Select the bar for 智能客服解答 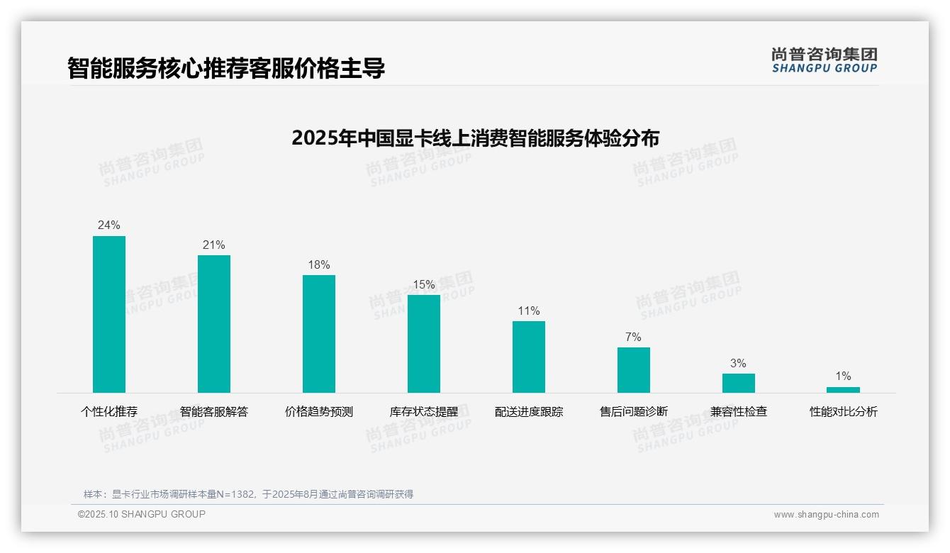tap(214, 324)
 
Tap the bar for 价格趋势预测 tap(319, 334)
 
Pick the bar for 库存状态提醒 tap(424, 344)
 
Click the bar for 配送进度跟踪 tap(529, 357)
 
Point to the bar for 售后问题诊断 tap(634, 370)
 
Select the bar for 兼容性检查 tap(739, 383)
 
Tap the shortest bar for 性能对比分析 tap(843, 390)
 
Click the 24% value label tap(109, 225)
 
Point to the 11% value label tap(529, 311)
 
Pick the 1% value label tap(843, 376)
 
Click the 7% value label tap(633, 337)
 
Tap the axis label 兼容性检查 tap(739, 411)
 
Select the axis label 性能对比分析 tap(844, 411)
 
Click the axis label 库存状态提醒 tap(424, 411)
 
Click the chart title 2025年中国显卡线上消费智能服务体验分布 tap(475, 138)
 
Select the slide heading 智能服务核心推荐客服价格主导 tap(226, 68)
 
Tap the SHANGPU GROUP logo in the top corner tap(825, 60)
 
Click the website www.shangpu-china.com tap(826, 515)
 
